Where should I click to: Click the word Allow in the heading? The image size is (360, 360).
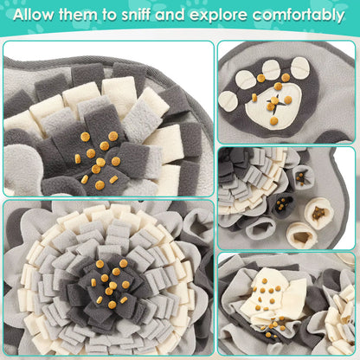39,16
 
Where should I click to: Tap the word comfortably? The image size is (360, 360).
308,16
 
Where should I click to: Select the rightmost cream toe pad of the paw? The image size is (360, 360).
299,68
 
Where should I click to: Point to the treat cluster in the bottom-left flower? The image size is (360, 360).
109,284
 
